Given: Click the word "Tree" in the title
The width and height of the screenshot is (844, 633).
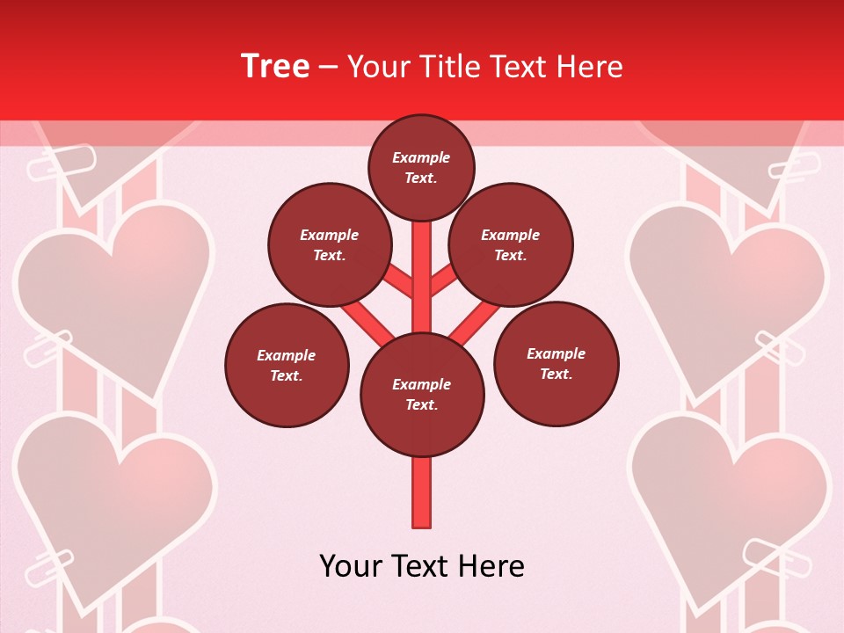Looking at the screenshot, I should pos(275,67).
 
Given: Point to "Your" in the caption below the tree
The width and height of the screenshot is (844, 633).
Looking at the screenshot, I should pos(353,566).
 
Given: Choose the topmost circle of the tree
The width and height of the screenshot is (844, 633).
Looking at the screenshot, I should pos(421,167).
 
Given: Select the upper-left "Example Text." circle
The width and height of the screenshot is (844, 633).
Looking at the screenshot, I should pos(330,245).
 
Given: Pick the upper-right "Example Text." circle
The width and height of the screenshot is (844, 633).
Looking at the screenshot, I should pos(511,245).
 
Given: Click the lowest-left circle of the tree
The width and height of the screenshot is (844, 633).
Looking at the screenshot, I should pos(287,366).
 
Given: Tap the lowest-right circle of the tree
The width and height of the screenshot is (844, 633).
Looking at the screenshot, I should pos(557,364).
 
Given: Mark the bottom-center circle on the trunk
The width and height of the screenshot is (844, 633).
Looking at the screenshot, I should pos(422,395).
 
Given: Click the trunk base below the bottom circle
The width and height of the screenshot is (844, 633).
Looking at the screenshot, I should pos(422,492).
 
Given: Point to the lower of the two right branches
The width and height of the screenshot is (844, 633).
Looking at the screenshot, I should pos(475,321).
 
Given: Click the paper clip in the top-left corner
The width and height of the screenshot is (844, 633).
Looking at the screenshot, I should pos(62,162).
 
